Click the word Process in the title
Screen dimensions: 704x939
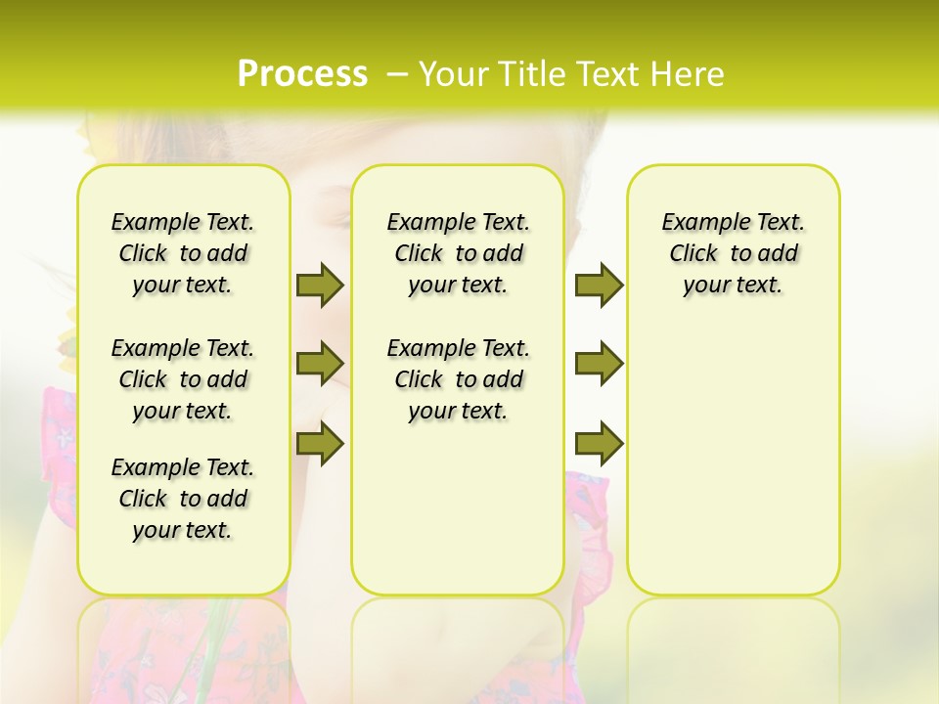pyautogui.click(x=302, y=73)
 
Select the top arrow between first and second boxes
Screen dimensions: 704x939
pyautogui.click(x=320, y=285)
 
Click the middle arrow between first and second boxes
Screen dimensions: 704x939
pyautogui.click(x=320, y=364)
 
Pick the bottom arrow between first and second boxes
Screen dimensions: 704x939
pyautogui.click(x=320, y=443)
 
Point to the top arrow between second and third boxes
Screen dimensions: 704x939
pyautogui.click(x=599, y=285)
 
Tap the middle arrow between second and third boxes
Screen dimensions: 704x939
pyautogui.click(x=599, y=364)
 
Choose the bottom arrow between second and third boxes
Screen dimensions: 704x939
pyautogui.click(x=599, y=443)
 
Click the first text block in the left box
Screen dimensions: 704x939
pyautogui.click(x=183, y=253)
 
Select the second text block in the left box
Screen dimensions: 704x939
pyautogui.click(x=183, y=379)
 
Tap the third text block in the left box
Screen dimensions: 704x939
pyautogui.click(x=183, y=499)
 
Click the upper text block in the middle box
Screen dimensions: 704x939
pyautogui.click(x=458, y=253)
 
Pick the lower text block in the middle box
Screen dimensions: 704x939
pyautogui.click(x=458, y=379)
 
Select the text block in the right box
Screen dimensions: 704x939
pyautogui.click(x=733, y=253)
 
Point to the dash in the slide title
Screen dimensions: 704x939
pyautogui.click(x=397, y=73)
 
